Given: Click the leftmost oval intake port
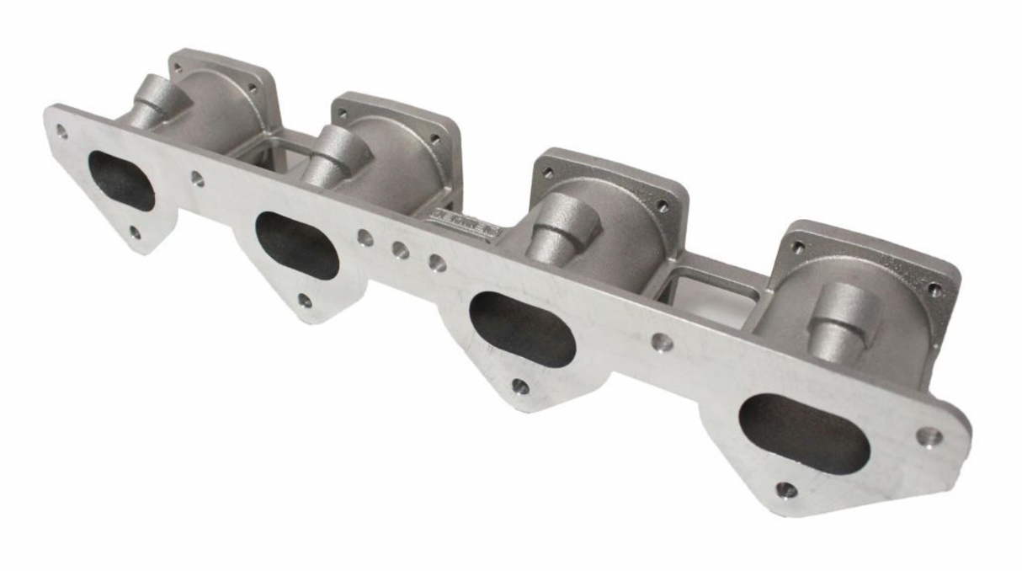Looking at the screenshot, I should click(121, 180).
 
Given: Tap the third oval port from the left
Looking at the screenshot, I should click(522, 328).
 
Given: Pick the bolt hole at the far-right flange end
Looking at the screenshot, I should click(929, 436).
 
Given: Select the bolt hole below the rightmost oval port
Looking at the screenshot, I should click(785, 489).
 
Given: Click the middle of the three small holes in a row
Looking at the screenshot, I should click(401, 250).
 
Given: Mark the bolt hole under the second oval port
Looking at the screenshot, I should click(305, 301).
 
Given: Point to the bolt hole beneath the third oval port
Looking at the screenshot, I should click(520, 386).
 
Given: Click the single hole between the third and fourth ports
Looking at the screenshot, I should click(663, 342).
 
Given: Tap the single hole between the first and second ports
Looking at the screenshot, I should click(197, 179).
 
